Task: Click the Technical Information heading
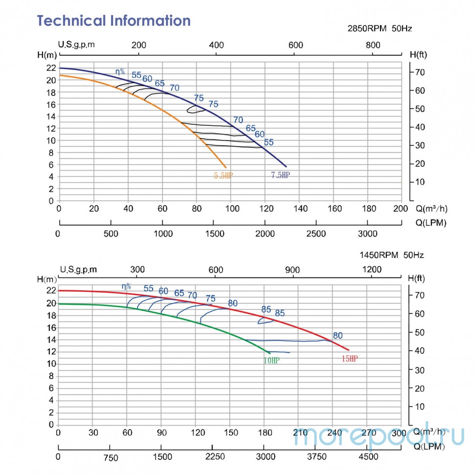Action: point(114,21)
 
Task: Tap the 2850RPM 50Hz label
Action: point(380,28)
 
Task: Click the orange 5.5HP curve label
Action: point(223,175)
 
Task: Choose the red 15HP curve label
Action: point(349,359)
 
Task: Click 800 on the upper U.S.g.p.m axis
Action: point(373,45)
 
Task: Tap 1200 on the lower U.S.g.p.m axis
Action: point(371,269)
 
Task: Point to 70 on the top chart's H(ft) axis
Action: point(420,72)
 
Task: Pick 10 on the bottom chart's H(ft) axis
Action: point(420,406)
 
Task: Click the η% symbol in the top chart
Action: point(120,71)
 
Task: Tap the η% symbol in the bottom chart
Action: point(126,286)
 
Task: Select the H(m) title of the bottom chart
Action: point(47,280)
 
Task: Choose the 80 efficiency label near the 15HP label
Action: point(337,335)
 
